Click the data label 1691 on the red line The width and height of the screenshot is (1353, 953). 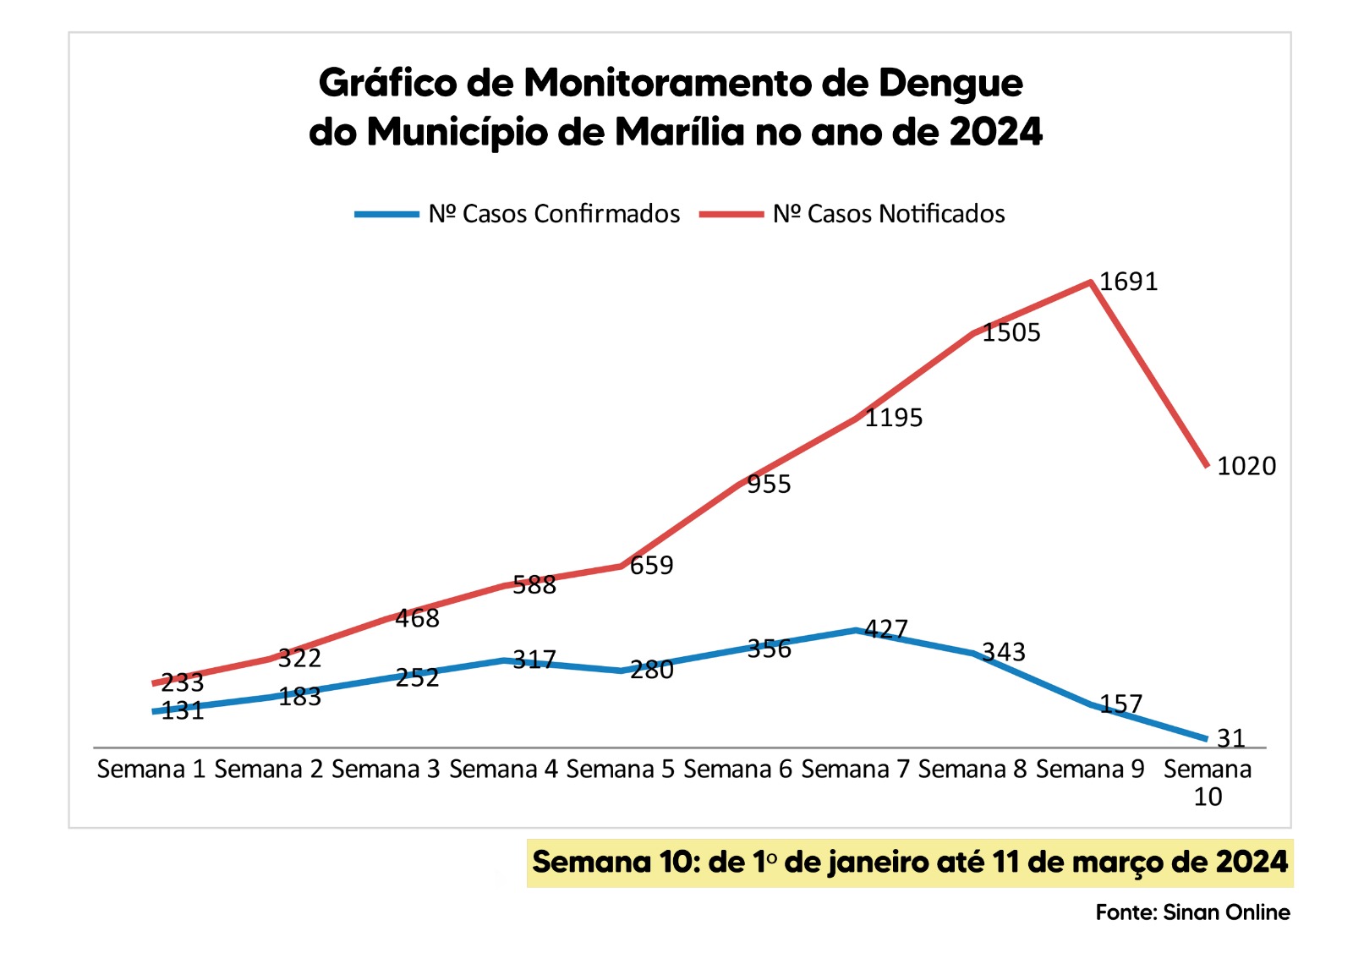click(x=1128, y=282)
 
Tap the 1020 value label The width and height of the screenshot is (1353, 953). click(x=1246, y=466)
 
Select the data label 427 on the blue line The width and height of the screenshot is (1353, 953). click(x=886, y=629)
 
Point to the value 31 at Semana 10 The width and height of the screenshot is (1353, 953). click(x=1231, y=738)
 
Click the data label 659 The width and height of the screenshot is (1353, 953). click(x=651, y=565)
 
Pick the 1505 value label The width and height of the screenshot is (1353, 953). click(x=1011, y=332)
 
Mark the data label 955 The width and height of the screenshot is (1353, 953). click(x=769, y=484)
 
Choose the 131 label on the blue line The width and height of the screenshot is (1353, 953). click(x=183, y=710)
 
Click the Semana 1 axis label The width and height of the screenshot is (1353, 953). click(x=151, y=770)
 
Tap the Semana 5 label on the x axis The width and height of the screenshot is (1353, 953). click(x=621, y=770)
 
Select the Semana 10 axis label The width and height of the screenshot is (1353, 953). click(x=1207, y=782)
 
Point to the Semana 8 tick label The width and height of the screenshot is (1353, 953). click(x=972, y=770)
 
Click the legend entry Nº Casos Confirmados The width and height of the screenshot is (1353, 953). click(x=554, y=214)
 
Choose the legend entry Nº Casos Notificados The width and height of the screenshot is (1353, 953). click(x=889, y=214)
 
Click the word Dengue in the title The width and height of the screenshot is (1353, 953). click(x=950, y=83)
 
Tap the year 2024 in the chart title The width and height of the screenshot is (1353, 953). click(x=995, y=132)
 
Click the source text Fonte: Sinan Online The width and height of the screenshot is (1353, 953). click(x=1192, y=912)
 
